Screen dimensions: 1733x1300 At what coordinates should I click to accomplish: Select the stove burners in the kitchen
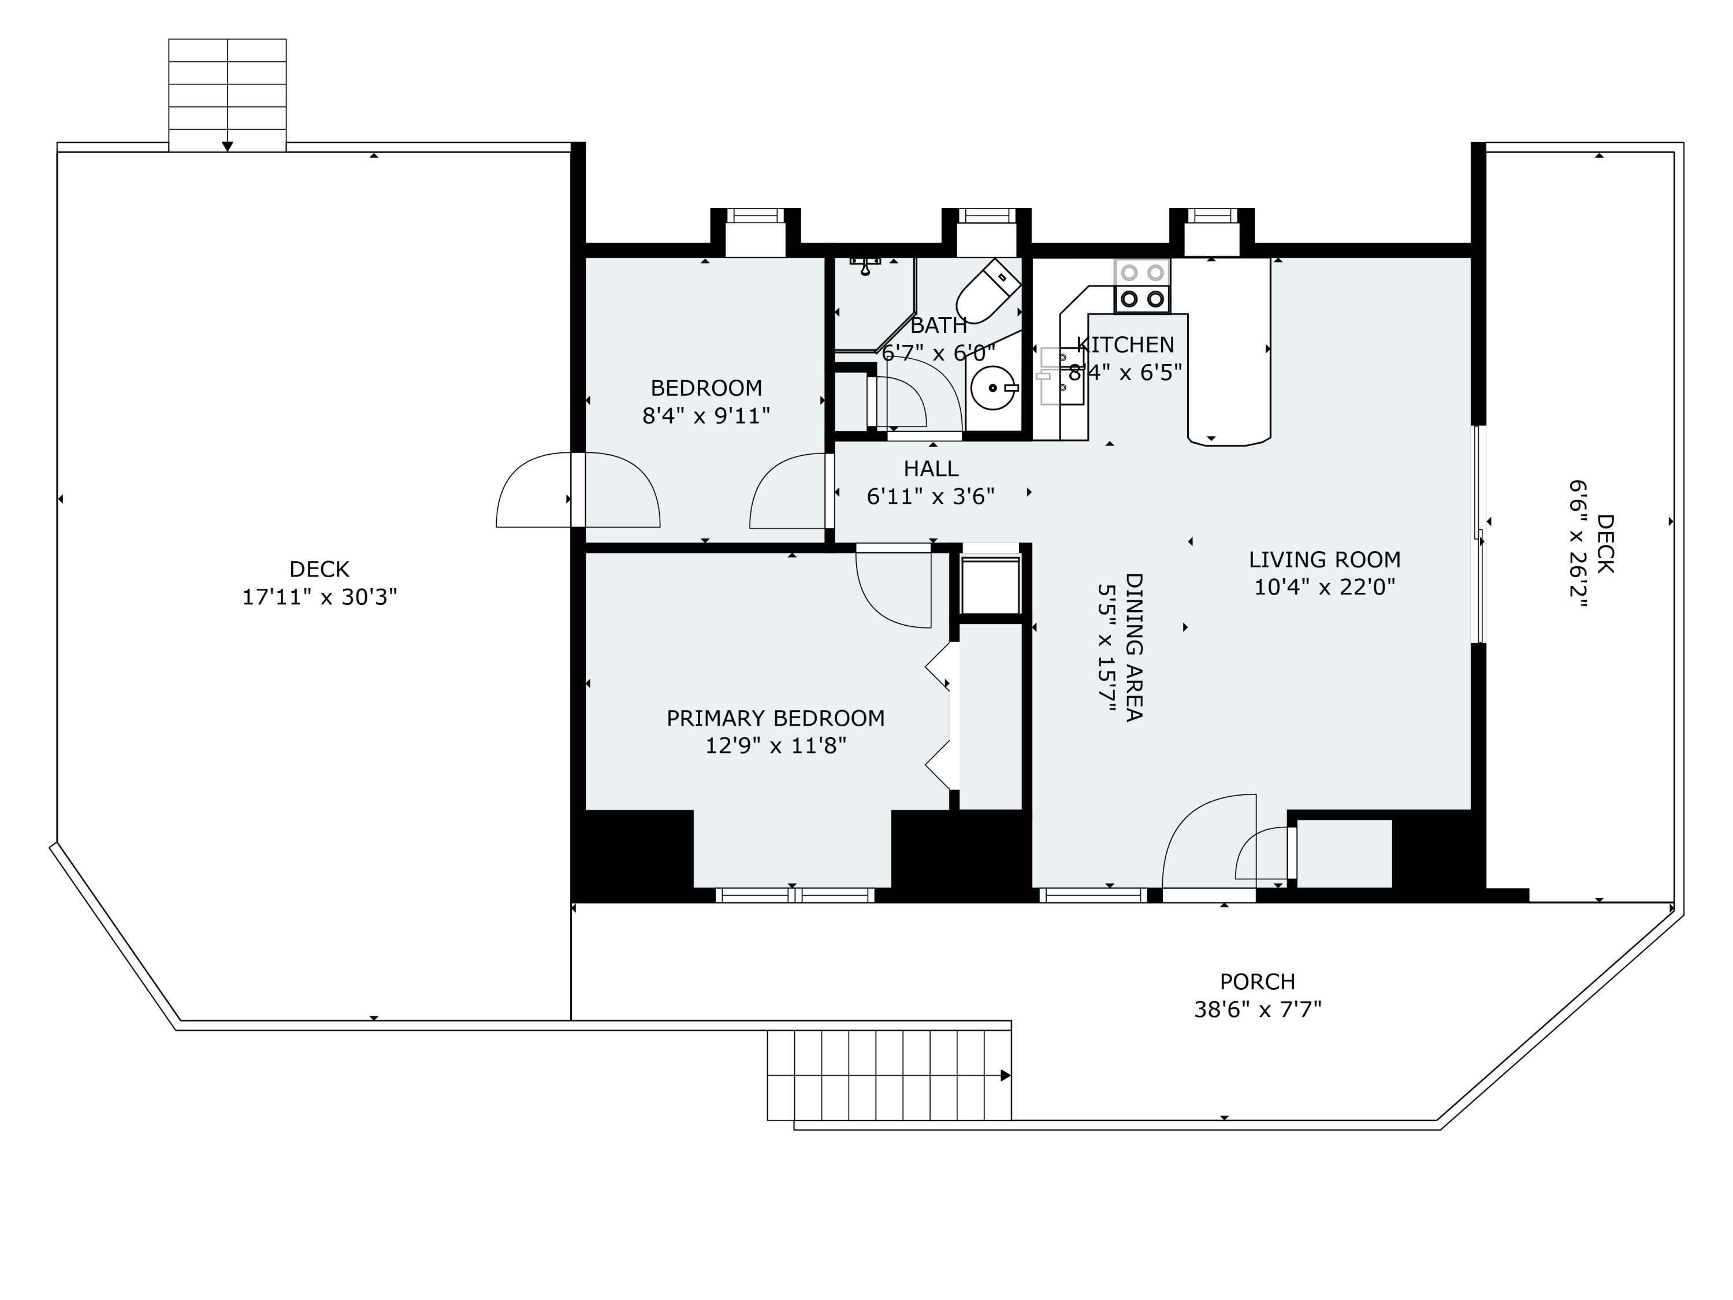click(x=1142, y=286)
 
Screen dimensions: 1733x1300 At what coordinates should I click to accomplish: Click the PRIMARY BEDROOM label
click(x=776, y=718)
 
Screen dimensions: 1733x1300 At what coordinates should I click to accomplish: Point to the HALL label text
click(x=931, y=469)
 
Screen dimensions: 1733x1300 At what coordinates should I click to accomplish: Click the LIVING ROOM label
click(x=1325, y=559)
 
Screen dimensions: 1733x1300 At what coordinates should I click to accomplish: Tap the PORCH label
click(x=1258, y=981)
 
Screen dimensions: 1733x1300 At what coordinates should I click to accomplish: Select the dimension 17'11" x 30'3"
click(x=319, y=597)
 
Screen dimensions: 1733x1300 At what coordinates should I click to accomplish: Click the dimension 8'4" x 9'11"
click(x=706, y=415)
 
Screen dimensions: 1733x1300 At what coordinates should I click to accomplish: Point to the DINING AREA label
click(x=1133, y=647)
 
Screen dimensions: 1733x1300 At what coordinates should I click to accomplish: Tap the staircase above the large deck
click(x=227, y=95)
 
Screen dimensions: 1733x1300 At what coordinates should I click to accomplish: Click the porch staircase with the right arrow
click(x=889, y=1075)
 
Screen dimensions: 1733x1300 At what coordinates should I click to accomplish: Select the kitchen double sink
click(x=1062, y=376)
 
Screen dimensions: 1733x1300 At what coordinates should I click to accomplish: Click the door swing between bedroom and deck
click(x=578, y=490)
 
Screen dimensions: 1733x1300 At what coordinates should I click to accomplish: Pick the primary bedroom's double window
click(x=795, y=895)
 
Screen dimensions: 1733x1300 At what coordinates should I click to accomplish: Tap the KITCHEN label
click(x=1125, y=345)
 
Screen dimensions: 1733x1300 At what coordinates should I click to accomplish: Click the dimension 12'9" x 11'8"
click(x=776, y=745)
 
